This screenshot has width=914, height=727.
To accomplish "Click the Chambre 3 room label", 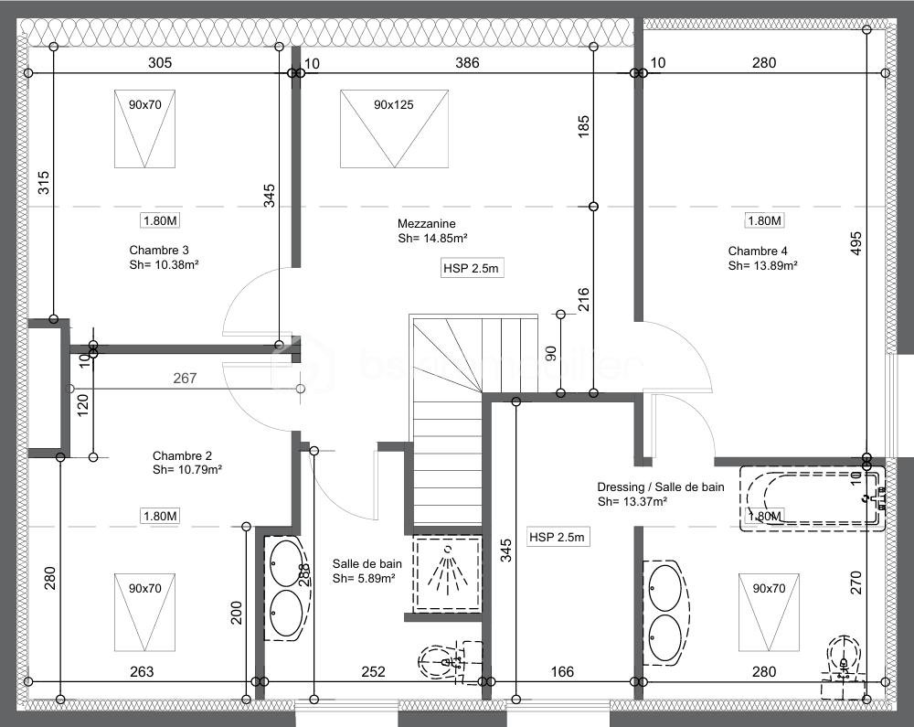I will click(159, 250).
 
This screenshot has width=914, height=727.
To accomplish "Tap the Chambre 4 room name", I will click(758, 251).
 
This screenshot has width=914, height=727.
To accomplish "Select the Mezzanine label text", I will click(426, 224).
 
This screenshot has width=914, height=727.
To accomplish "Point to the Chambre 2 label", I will click(182, 455).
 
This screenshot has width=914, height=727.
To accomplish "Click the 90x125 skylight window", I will click(394, 128).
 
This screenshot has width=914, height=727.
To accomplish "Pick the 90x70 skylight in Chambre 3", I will click(144, 128).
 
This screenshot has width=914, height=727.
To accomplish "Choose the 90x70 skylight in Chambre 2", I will click(144, 610).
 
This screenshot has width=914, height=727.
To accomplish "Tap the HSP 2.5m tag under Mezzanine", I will click(472, 268).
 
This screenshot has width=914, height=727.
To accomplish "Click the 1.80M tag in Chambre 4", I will click(764, 221).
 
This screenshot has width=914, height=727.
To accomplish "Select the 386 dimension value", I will click(467, 63).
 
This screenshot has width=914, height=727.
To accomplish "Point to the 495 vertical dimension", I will click(856, 241).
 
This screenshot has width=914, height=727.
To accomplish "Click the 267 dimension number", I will click(186, 378).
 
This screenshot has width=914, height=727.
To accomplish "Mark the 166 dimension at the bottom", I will click(562, 672).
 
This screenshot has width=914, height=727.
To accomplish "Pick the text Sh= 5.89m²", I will click(364, 579).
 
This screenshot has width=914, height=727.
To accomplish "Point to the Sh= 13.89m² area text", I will click(762, 266).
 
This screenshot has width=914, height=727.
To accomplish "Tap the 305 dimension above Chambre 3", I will click(160, 63).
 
